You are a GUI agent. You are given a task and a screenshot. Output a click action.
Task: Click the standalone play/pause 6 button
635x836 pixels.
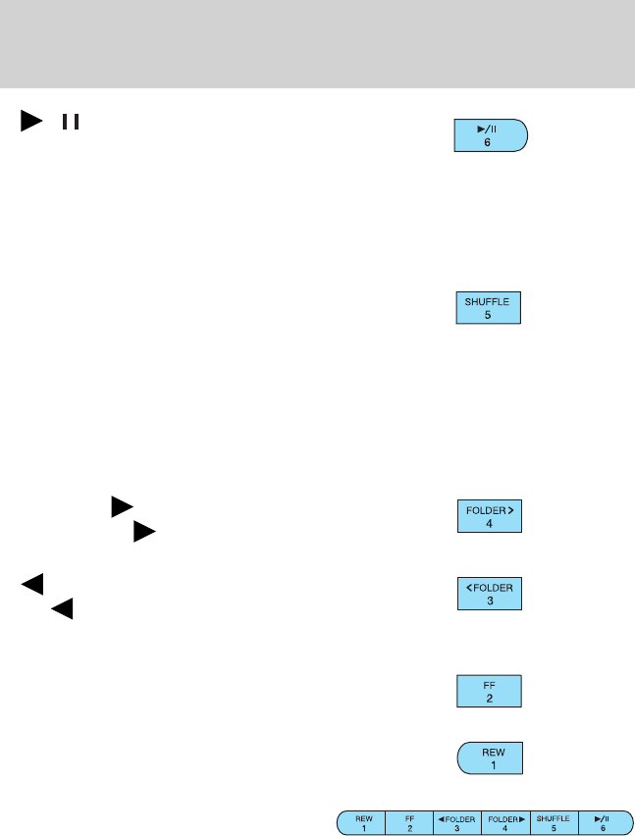click(490, 135)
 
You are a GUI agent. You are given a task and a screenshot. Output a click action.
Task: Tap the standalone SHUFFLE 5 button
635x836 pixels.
click(488, 309)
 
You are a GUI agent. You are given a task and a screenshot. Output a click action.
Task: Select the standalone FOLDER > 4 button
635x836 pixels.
click(490, 516)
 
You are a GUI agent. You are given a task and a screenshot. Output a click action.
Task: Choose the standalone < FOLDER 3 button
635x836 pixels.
click(490, 594)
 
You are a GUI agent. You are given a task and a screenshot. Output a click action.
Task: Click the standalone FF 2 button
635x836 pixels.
click(489, 690)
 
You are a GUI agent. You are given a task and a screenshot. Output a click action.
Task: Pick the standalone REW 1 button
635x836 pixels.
click(490, 758)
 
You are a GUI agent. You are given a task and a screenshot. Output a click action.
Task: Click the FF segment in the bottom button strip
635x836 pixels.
click(409, 821)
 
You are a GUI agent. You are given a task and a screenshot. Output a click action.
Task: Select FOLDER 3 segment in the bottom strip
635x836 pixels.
click(456, 821)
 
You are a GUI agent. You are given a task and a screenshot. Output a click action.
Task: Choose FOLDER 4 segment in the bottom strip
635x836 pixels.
click(504, 821)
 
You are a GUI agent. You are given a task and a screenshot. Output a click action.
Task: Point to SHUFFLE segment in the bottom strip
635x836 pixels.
click(553, 821)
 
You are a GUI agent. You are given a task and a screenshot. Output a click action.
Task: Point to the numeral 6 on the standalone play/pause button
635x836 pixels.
click(488, 143)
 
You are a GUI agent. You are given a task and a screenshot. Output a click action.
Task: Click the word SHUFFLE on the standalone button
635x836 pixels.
click(488, 302)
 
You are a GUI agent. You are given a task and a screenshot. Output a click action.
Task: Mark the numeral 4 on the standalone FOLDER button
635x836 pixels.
click(489, 524)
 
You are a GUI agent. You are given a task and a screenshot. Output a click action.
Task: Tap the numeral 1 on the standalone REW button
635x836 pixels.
click(489, 766)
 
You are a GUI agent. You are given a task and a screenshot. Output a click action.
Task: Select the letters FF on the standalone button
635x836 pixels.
click(489, 683)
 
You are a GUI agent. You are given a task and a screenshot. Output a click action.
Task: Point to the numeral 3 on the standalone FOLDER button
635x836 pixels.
click(489, 601)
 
